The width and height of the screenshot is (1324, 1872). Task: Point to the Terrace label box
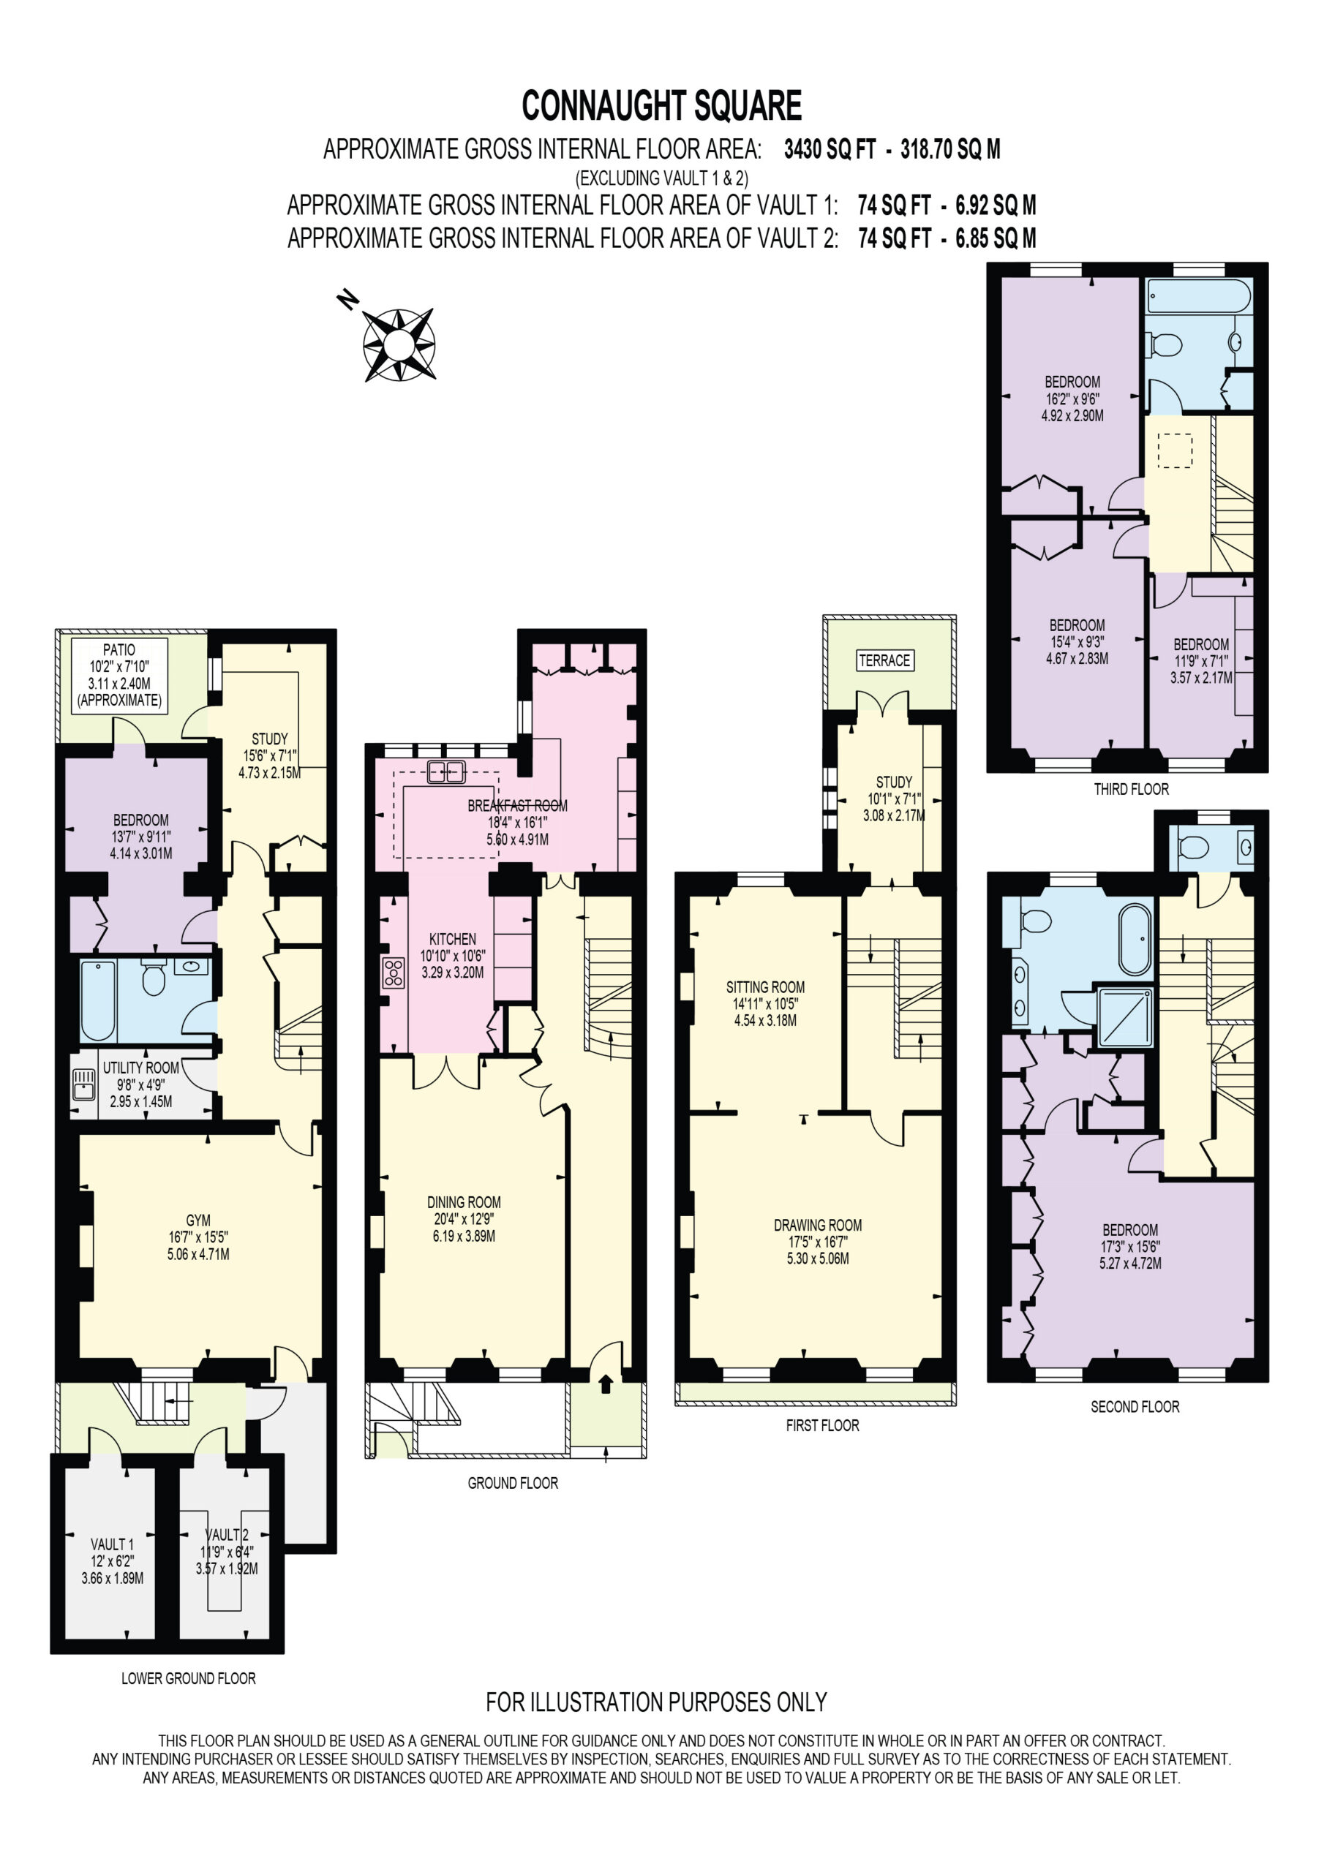[x=885, y=660]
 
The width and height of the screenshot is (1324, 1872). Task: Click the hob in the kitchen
[x=394, y=973]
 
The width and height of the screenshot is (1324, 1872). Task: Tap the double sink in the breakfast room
[x=446, y=771]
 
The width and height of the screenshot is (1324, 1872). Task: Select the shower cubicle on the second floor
[x=1126, y=1016]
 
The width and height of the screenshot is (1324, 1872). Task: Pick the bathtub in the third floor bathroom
[x=1197, y=295]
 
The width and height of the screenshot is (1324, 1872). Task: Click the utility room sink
[x=84, y=1085]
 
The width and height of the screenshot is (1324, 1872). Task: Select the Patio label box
[x=119, y=676]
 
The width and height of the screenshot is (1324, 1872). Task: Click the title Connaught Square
[x=661, y=106]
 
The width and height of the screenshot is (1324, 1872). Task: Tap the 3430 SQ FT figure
[x=830, y=149]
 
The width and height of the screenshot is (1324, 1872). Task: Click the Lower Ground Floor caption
[x=189, y=1678]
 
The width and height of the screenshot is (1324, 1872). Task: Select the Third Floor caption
[x=1132, y=789]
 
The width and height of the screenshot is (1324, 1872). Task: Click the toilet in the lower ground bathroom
[x=154, y=978]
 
